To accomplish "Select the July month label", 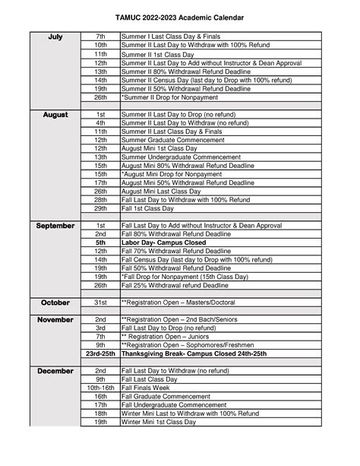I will click(55, 36).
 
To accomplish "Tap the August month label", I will click(55, 115).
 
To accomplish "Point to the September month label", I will click(55, 226).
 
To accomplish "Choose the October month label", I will click(55, 303).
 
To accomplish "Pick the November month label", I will click(55, 320).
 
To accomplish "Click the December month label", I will click(55, 371).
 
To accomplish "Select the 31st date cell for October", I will click(100, 303).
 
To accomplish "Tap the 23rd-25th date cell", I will click(100, 353).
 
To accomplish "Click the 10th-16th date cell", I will click(100, 388).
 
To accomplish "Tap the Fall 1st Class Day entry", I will click(150, 208).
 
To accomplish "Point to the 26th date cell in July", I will click(100, 97).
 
